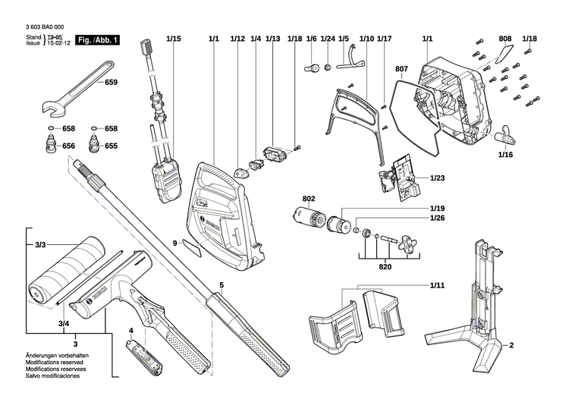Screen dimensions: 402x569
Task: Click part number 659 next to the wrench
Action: point(112,81)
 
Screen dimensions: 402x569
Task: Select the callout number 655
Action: point(112,146)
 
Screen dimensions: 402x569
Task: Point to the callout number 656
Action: point(69,146)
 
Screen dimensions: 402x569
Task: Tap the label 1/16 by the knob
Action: point(506,155)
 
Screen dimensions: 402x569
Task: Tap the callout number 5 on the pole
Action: point(222,285)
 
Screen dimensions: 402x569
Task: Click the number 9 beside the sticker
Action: point(174,243)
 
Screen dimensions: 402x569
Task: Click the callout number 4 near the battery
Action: point(130,331)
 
